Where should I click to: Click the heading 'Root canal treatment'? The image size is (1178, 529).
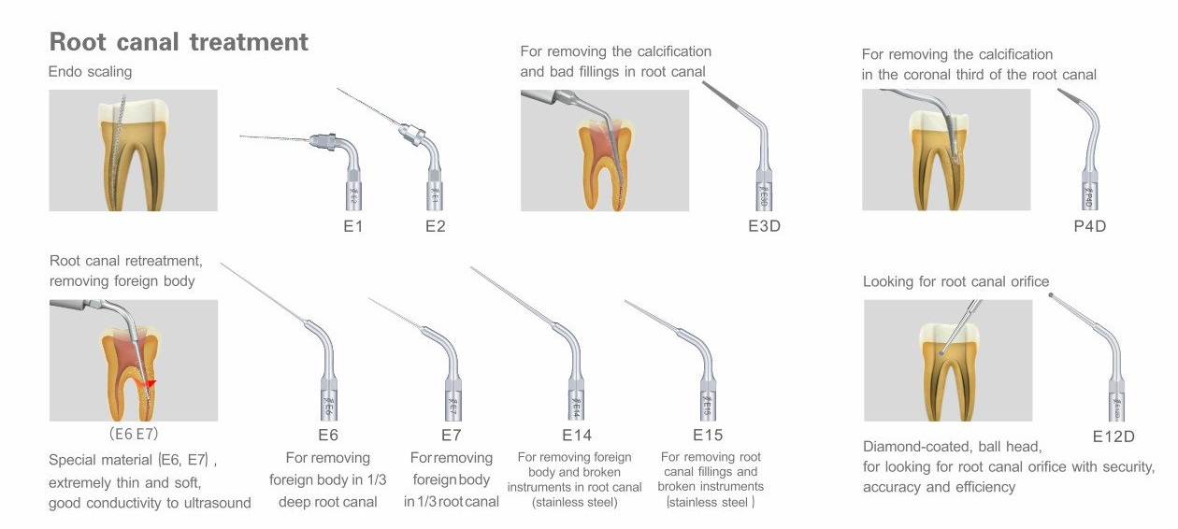pyautogui.click(x=179, y=42)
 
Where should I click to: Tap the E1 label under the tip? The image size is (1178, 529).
pyautogui.click(x=352, y=226)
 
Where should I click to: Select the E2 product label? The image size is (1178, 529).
pyautogui.click(x=436, y=226)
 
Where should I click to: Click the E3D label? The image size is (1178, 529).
pyautogui.click(x=764, y=226)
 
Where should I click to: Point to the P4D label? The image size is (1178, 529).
pyautogui.click(x=1090, y=226)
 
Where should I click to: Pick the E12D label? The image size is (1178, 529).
pyautogui.click(x=1113, y=436)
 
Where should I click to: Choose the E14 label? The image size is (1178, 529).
pyautogui.click(x=577, y=436)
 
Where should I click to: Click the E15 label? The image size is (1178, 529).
pyautogui.click(x=708, y=435)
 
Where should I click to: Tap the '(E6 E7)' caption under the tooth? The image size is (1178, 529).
pyautogui.click(x=134, y=434)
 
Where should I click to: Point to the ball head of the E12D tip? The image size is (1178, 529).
pyautogui.click(x=1051, y=295)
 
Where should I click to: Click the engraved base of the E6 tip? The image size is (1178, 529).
pyautogui.click(x=329, y=406)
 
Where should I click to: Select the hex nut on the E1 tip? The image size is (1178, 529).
pyautogui.click(x=323, y=142)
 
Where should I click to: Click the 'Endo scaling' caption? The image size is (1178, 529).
pyautogui.click(x=90, y=72)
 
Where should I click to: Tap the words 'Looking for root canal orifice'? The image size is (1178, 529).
pyautogui.click(x=956, y=282)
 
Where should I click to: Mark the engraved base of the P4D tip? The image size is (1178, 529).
pyautogui.click(x=1090, y=195)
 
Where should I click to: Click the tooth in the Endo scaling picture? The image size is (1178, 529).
pyautogui.click(x=134, y=153)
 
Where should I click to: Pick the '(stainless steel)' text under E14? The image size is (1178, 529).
pyautogui.click(x=575, y=503)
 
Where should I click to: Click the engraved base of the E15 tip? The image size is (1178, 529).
pyautogui.click(x=708, y=406)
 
